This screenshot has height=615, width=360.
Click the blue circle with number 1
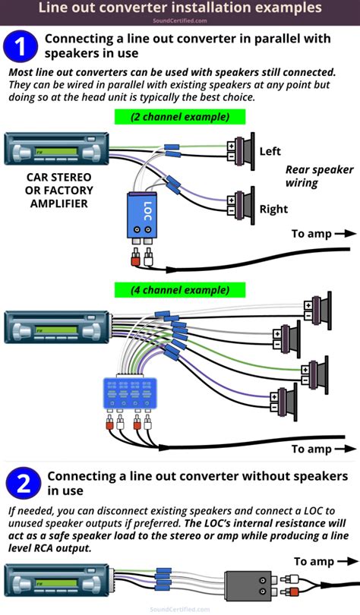pos(22,46)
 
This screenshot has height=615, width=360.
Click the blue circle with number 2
pos(22,484)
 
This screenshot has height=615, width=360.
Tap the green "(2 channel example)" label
pos(180,117)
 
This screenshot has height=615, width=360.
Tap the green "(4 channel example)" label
pos(180,290)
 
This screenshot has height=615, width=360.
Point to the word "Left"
pos(270,152)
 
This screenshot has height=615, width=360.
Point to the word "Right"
pos(273,209)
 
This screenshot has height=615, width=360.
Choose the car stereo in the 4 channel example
pos(56,327)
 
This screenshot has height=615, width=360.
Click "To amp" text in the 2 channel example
pos(311,234)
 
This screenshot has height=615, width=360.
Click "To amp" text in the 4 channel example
pos(311,449)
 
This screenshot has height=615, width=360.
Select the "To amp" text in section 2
pos(314,561)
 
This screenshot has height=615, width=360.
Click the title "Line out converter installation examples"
pos(180,8)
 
